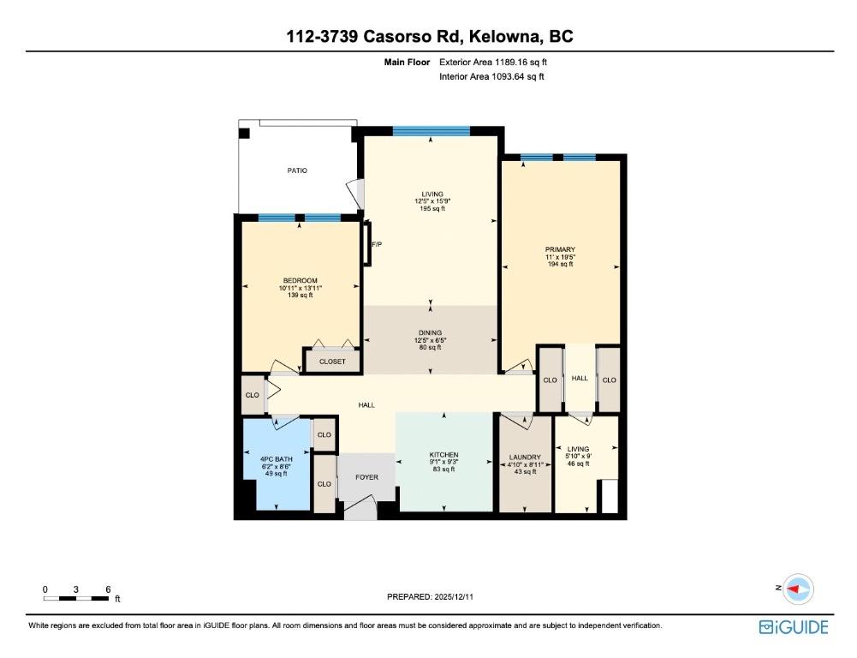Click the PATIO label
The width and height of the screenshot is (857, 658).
pyautogui.click(x=297, y=170)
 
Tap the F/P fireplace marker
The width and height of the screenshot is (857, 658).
pyautogui.click(x=377, y=244)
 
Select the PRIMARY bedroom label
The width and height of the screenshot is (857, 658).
pyautogui.click(x=560, y=250)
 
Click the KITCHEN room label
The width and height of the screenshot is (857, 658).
pyautogui.click(x=443, y=455)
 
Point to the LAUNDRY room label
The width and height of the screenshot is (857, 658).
pyautogui.click(x=525, y=458)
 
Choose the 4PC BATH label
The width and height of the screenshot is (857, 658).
pyautogui.click(x=276, y=459)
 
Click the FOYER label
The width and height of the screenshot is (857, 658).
pyautogui.click(x=366, y=477)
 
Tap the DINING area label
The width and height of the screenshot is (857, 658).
pyautogui.click(x=430, y=332)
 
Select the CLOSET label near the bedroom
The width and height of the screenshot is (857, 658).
pyautogui.click(x=332, y=362)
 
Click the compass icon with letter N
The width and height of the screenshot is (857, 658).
pyautogui.click(x=798, y=589)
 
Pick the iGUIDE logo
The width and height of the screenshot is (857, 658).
pyautogui.click(x=794, y=627)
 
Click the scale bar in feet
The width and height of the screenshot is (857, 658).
pyautogui.click(x=76, y=598)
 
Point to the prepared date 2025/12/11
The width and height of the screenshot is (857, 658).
pyautogui.click(x=430, y=596)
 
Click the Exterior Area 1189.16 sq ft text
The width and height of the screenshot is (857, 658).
pyautogui.click(x=493, y=63)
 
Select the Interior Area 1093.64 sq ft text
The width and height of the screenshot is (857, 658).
pyautogui.click(x=492, y=76)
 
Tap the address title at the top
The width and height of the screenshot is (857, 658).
pyautogui.click(x=430, y=36)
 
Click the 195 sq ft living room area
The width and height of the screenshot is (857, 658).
pyautogui.click(x=431, y=208)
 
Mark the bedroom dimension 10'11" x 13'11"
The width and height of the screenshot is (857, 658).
pyautogui.click(x=300, y=288)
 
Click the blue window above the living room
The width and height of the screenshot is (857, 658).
pyautogui.click(x=431, y=131)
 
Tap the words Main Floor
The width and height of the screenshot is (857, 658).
pyautogui.click(x=408, y=63)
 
